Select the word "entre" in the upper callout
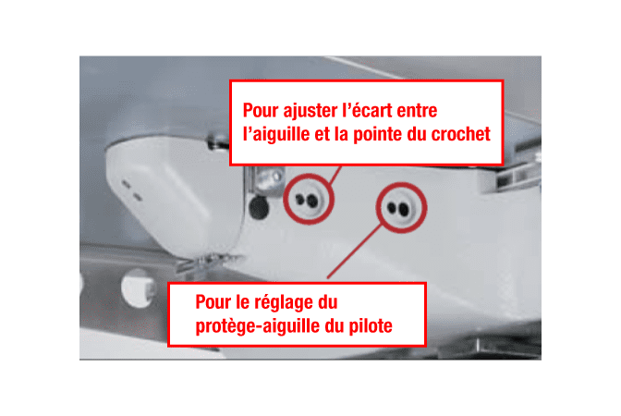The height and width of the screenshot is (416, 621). (x=417, y=110)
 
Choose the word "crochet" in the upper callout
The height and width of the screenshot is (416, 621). (x=460, y=134)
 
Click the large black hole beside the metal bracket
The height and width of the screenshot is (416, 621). (x=259, y=207)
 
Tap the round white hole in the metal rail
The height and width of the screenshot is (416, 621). (x=137, y=288)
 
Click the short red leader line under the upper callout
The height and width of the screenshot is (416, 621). (x=335, y=175)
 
